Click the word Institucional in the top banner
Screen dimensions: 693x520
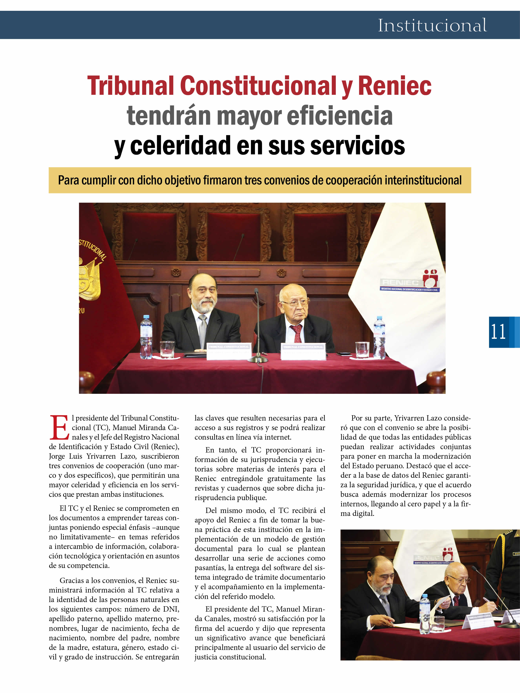[432, 25]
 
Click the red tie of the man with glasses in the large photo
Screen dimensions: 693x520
[296, 334]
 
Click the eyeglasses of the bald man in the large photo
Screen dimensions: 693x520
[295, 303]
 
